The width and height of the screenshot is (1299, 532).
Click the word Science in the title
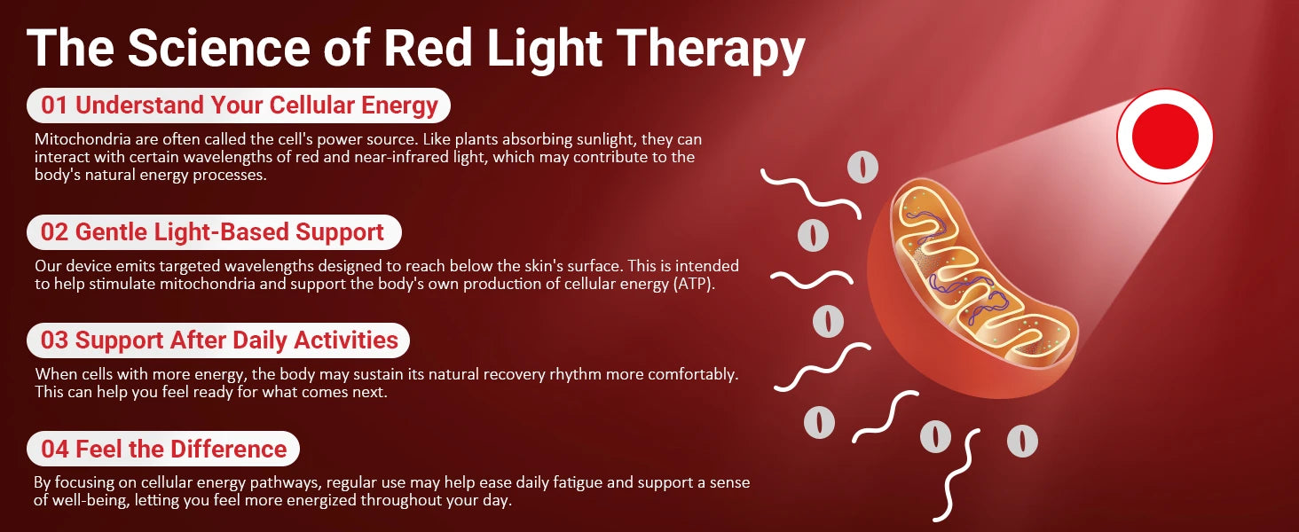[x=219, y=48]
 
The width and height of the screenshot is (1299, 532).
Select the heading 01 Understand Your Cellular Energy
[x=239, y=106]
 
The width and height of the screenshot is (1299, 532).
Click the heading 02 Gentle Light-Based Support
[x=212, y=232]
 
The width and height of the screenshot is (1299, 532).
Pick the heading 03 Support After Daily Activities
[x=219, y=340]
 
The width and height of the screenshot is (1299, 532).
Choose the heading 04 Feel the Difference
[x=163, y=450]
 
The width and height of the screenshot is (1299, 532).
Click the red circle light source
[x=1164, y=136]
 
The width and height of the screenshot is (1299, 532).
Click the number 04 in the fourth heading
[x=55, y=450]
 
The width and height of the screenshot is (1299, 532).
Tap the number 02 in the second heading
[x=54, y=232]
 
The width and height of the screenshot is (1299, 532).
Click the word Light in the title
[x=544, y=51]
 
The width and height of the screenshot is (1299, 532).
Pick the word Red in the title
[x=428, y=48]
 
